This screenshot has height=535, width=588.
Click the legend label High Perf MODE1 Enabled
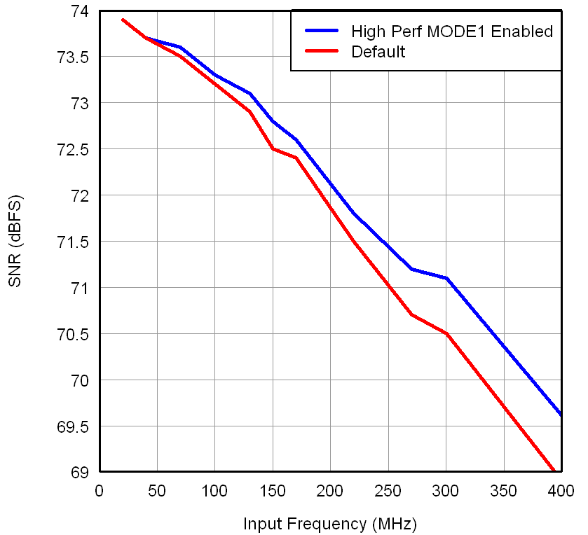452,32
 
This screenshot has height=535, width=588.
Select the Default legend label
378,52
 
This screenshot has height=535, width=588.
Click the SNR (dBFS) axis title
15,242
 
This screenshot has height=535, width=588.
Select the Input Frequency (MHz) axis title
329,524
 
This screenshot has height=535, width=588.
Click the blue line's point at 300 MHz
446,278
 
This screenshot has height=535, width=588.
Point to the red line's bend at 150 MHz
273,148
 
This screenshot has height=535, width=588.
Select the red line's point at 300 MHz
446,333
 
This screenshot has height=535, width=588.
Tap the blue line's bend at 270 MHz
411,269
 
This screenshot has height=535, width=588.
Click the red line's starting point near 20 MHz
123,20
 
